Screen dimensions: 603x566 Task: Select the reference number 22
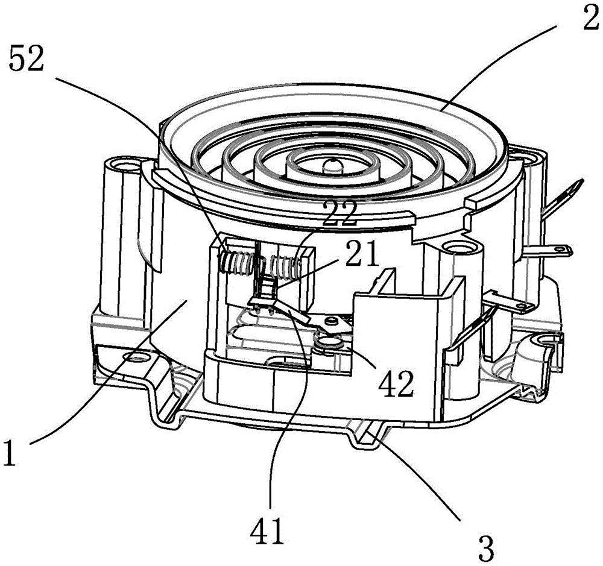pyautogui.click(x=340, y=213)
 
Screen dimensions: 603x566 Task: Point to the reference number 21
pyautogui.click(x=361, y=254)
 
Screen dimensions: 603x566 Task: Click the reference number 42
pyautogui.click(x=396, y=384)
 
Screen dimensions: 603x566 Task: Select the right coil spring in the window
pyautogui.click(x=285, y=265)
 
